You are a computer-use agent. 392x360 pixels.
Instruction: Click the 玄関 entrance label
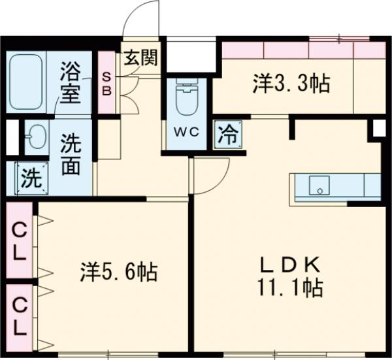[x=140, y=58]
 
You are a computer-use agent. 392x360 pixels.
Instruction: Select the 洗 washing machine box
[x=29, y=177]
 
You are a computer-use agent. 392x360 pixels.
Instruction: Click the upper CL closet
[x=20, y=241]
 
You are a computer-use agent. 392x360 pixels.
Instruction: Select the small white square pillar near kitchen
[x=378, y=129]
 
